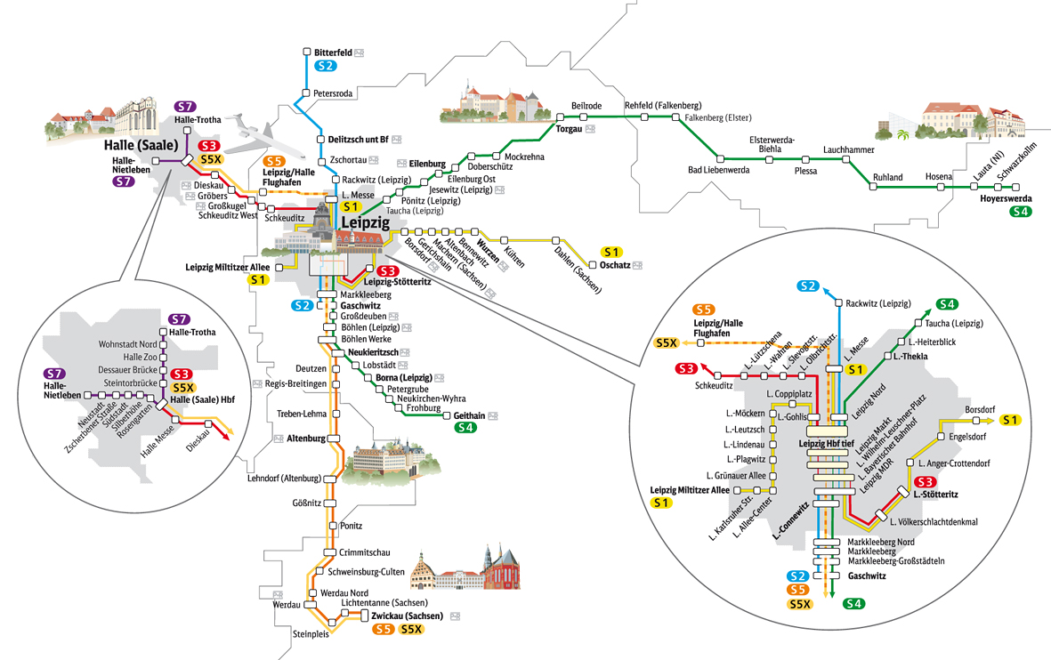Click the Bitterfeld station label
[x=334, y=52]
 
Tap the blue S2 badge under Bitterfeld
[x=325, y=66]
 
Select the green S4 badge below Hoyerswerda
[x=1021, y=212]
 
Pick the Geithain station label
[x=467, y=415]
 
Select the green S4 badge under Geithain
[x=465, y=428]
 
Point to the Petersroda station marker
[x=305, y=93]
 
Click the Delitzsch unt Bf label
[x=359, y=140]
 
